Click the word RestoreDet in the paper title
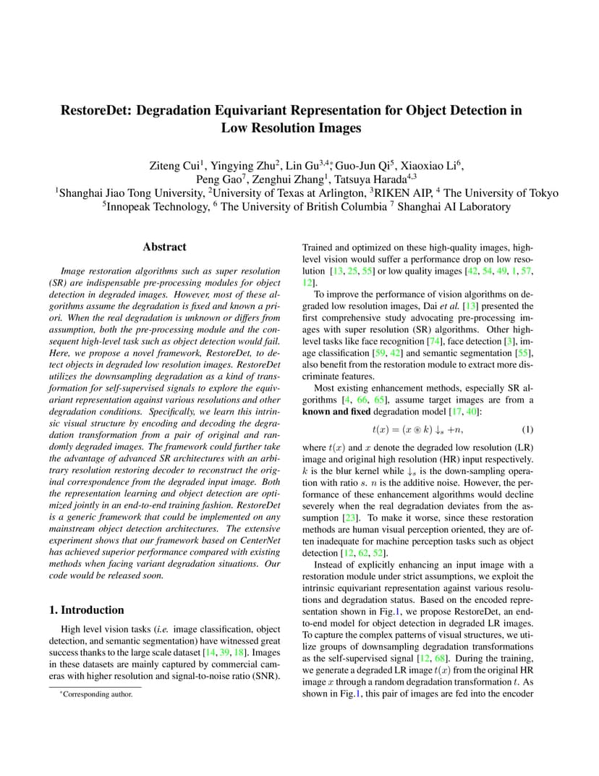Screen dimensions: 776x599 [x=95, y=111]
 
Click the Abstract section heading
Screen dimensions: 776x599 [x=164, y=247]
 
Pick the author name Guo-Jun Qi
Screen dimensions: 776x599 [x=365, y=165]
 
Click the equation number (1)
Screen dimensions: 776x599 [x=527, y=429]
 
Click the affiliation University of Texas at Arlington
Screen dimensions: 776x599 [x=288, y=193]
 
